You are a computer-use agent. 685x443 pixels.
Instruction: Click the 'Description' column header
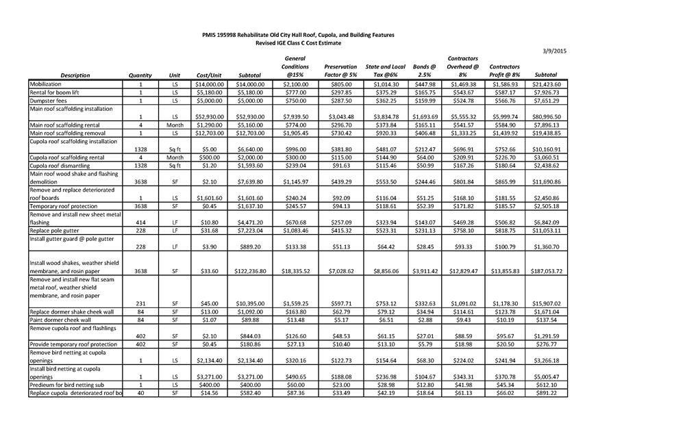[x=75, y=75]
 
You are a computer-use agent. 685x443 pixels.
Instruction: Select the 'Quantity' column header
[x=140, y=75]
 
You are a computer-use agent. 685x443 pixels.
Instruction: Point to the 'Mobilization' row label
[x=46, y=84]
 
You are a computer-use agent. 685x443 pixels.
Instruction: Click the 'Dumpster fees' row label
[x=49, y=101]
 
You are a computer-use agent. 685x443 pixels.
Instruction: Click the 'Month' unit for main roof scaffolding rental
[x=175, y=125]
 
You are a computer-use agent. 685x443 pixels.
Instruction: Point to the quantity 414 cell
[x=140, y=223]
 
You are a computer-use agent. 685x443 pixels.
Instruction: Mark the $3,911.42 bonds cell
[x=424, y=271]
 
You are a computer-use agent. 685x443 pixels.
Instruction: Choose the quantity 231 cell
[x=140, y=303]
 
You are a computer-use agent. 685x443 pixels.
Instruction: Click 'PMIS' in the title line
[x=210, y=34]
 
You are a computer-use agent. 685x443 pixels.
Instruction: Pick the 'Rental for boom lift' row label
[x=54, y=92]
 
